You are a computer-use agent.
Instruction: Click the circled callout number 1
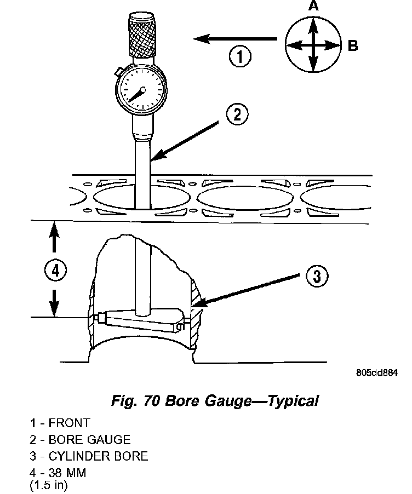click(x=240, y=56)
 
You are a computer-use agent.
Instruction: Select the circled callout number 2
click(x=237, y=116)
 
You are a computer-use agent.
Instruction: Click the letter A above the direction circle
click(x=313, y=7)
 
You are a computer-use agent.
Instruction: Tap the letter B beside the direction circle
click(x=353, y=46)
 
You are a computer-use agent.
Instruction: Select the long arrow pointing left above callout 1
click(x=235, y=38)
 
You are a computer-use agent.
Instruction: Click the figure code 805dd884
click(x=376, y=374)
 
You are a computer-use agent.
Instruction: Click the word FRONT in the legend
click(x=69, y=423)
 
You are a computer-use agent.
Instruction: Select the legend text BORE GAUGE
click(x=89, y=439)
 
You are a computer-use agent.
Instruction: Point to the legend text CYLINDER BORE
click(x=98, y=456)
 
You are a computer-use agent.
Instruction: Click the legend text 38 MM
click(x=67, y=473)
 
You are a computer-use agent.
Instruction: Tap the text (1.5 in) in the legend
click(x=50, y=484)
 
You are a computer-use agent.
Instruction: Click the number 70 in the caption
click(x=152, y=401)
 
